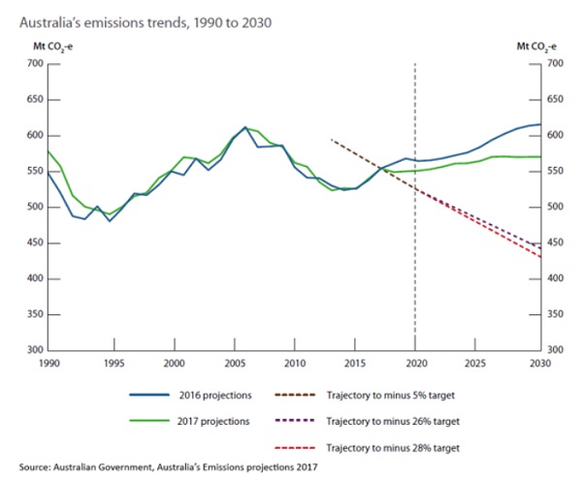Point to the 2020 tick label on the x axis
click(x=415, y=364)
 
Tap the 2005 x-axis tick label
click(x=234, y=364)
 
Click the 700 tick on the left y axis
click(x=35, y=64)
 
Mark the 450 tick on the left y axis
click(x=35, y=242)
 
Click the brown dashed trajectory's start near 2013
click(x=332, y=140)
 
